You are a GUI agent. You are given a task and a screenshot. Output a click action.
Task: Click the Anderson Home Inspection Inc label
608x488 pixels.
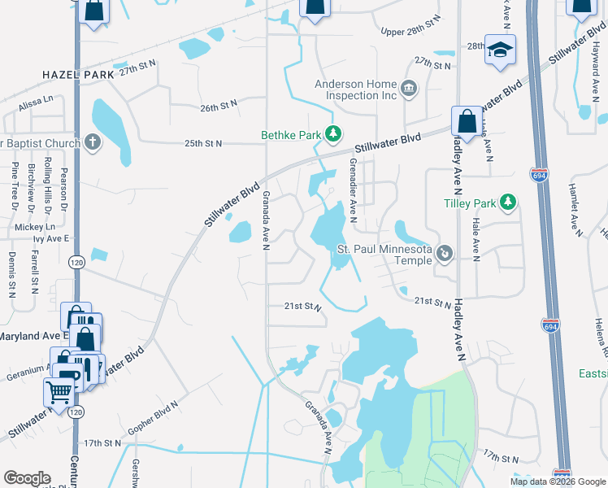[x=356, y=89]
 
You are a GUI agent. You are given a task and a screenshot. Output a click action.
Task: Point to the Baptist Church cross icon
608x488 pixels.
[x=93, y=143]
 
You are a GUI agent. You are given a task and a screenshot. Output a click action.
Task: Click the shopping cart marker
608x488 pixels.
[x=59, y=392]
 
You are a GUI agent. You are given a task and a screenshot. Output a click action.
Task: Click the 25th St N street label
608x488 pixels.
[x=203, y=143]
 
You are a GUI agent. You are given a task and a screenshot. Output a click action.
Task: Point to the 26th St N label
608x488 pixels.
[x=218, y=107]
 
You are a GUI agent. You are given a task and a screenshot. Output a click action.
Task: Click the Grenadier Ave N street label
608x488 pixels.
[x=353, y=188]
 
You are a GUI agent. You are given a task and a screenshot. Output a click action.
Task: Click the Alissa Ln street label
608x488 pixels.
[x=35, y=98]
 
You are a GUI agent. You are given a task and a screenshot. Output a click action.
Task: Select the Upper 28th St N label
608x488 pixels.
[x=410, y=31]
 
